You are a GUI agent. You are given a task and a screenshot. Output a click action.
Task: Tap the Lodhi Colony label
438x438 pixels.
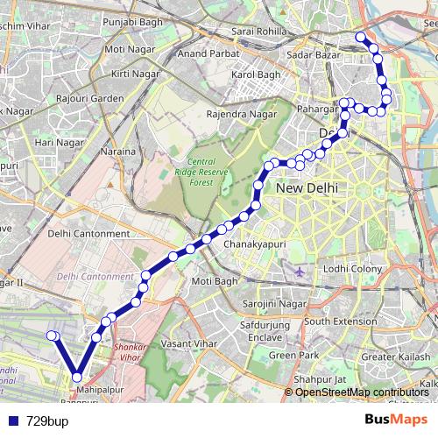[348, 268]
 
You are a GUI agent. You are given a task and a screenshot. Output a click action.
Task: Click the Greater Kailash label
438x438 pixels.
[391, 357]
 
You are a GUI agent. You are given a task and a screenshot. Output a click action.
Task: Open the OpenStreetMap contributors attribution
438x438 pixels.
[362, 392]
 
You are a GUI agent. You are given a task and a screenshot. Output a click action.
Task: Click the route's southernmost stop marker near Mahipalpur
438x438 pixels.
[77, 378]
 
